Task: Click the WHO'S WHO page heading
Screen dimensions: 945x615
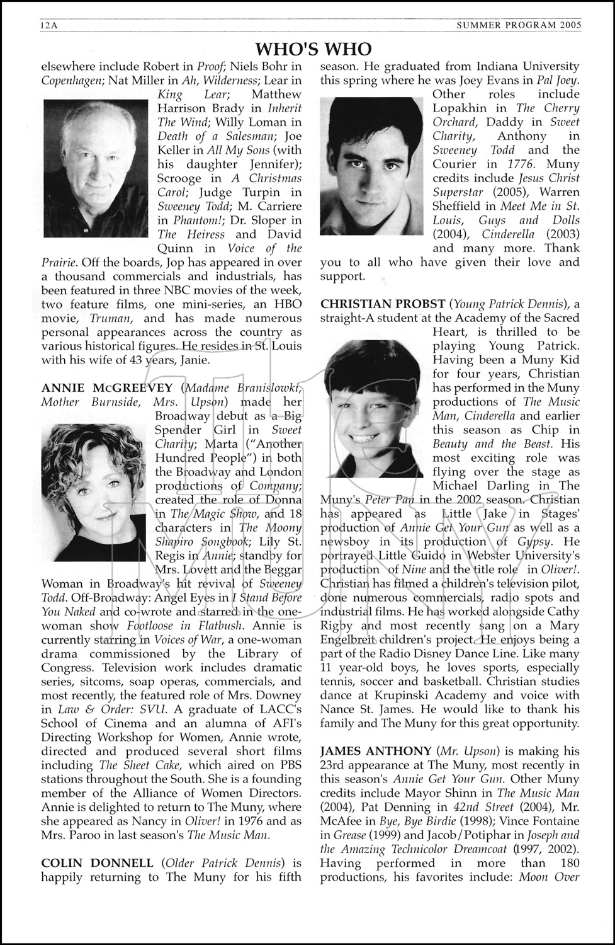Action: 313,49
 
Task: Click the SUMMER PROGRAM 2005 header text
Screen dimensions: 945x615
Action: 519,25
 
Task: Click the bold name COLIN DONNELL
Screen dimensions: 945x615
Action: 97,863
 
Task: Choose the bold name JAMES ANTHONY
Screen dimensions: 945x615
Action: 376,751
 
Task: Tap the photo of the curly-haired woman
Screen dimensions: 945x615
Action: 93,492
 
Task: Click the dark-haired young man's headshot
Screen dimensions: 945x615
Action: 371,166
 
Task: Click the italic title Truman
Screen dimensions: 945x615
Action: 110,318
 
